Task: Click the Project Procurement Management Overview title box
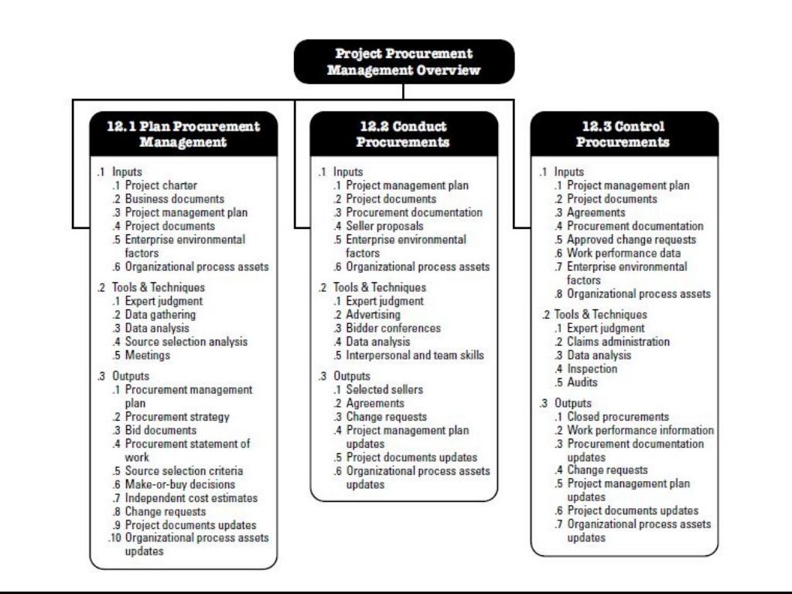click(x=403, y=61)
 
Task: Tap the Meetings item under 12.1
click(x=148, y=356)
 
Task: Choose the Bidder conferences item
click(x=393, y=328)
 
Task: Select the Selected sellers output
click(x=384, y=389)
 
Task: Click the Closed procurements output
click(x=618, y=416)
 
